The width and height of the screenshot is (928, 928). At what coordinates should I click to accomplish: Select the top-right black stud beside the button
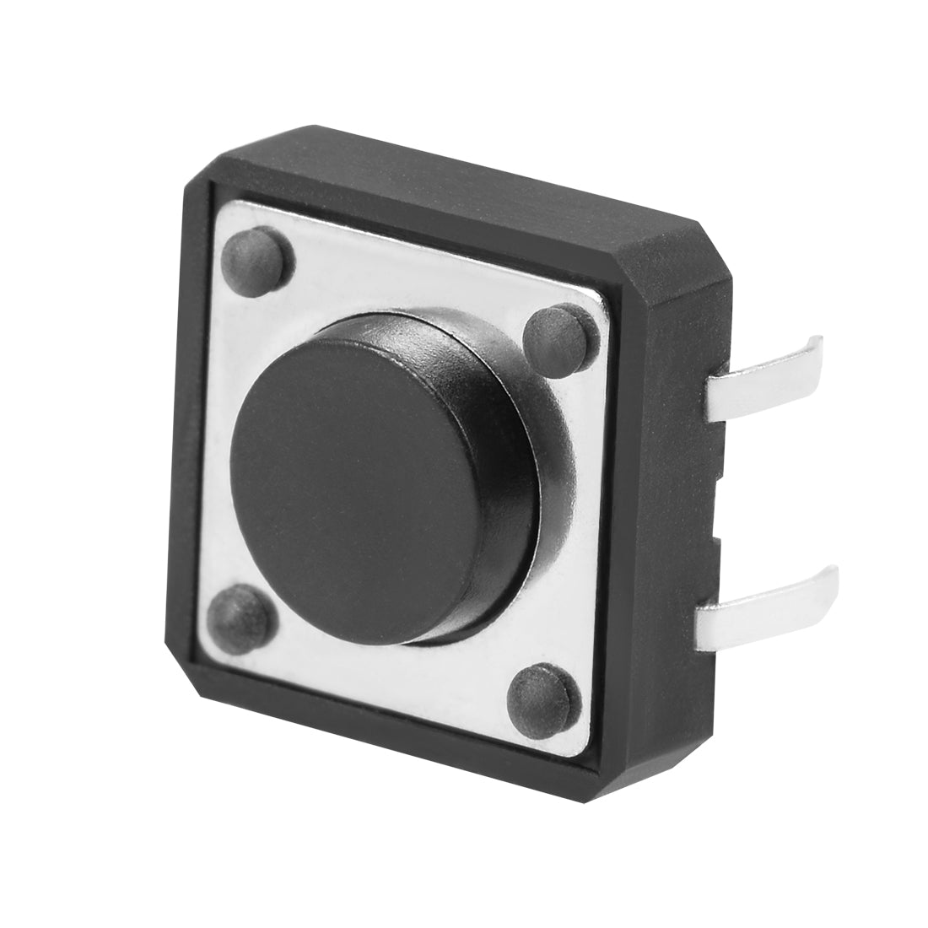pyautogui.click(x=556, y=336)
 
